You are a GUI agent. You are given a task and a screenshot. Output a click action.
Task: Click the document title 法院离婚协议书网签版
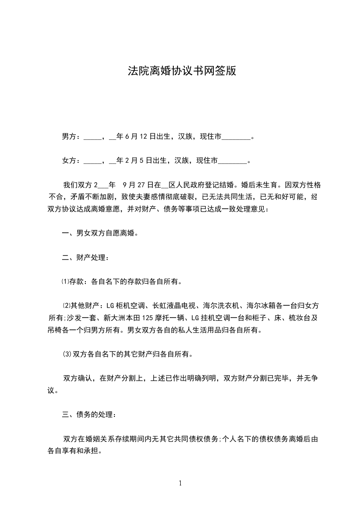coord(180,71)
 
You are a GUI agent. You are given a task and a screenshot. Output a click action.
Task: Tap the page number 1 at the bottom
coord(180,483)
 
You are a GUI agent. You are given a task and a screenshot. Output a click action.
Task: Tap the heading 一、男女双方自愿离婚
coord(99,234)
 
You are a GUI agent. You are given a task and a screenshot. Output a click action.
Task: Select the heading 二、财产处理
coord(85,258)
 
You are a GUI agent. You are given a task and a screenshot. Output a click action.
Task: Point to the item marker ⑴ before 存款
coord(64,282)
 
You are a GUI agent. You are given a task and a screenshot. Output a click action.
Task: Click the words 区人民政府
coord(186,185)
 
